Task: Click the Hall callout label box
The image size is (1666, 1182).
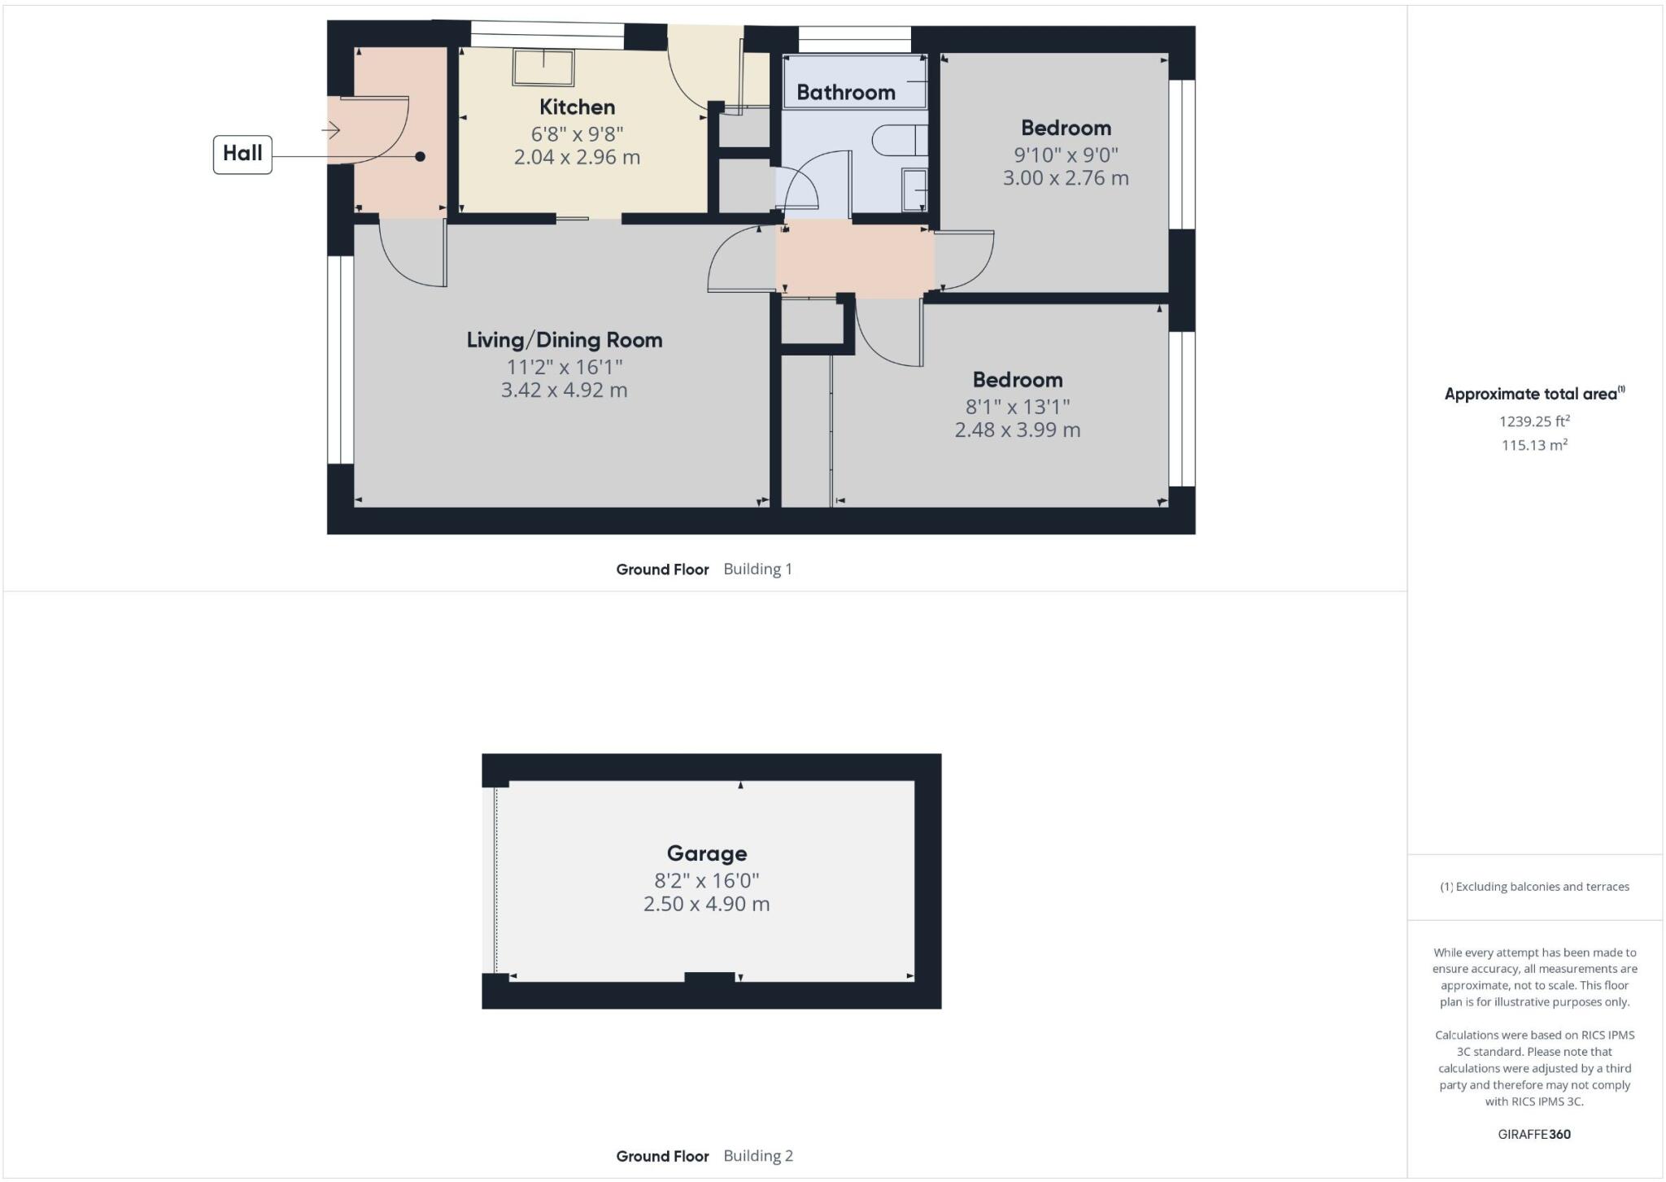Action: (x=242, y=154)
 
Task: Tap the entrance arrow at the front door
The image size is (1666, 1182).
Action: (x=330, y=129)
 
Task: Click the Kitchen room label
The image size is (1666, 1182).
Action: (x=577, y=107)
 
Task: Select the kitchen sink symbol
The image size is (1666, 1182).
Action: (x=543, y=67)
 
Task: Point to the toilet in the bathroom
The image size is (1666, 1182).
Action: (x=898, y=140)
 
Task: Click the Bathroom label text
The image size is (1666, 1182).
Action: (x=845, y=93)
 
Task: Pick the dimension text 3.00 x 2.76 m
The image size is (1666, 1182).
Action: (x=1065, y=178)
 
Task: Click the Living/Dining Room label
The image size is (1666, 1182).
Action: (x=564, y=340)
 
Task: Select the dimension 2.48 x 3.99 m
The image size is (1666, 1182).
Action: (x=1017, y=430)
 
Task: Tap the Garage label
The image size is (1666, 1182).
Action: (x=706, y=853)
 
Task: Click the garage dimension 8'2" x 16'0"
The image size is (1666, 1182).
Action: (x=706, y=880)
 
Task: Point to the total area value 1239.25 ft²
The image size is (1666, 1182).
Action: (x=1533, y=421)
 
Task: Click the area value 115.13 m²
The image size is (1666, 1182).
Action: (x=1533, y=445)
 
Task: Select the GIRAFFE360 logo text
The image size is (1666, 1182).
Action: (x=1533, y=1134)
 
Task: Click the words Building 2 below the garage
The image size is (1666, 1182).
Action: (x=757, y=1156)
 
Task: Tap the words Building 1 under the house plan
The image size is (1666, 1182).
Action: (x=757, y=569)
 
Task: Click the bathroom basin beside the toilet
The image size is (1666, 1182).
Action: (x=914, y=190)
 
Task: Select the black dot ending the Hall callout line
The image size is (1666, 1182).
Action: (x=420, y=156)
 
